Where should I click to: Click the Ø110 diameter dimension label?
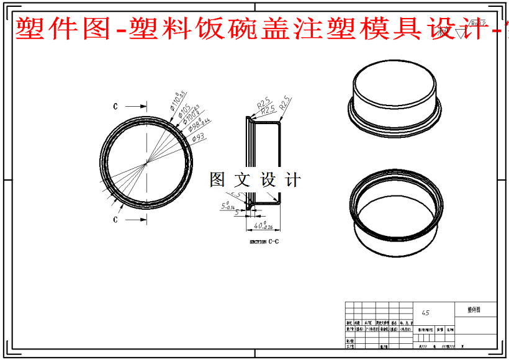click(x=179, y=99)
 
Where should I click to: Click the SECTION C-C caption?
click(x=263, y=242)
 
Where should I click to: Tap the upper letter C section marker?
click(x=115, y=106)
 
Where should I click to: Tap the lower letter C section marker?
click(x=115, y=220)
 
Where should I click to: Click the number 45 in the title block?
click(x=425, y=313)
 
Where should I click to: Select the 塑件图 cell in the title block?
click(x=474, y=309)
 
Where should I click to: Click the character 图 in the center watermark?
click(x=218, y=180)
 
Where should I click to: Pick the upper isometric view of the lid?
click(x=396, y=99)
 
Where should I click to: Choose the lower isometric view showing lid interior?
click(x=396, y=214)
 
